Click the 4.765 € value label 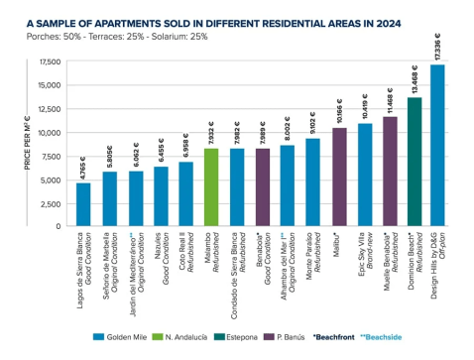tap(83, 165)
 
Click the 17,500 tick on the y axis tap(49, 61)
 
